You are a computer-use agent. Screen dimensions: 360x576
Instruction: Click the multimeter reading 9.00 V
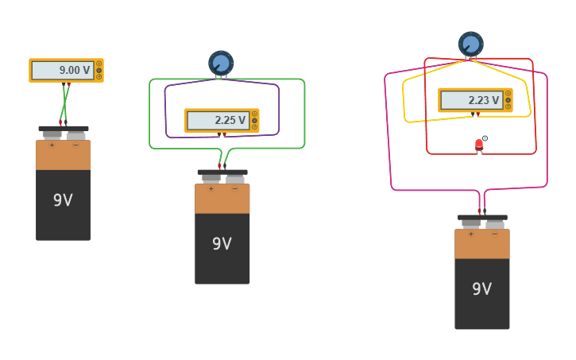[65, 70]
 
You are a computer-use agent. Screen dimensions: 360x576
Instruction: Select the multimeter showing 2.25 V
[221, 120]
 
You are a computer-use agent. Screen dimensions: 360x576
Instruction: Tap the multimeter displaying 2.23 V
[474, 100]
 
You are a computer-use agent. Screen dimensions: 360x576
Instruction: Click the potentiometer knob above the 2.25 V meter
[221, 63]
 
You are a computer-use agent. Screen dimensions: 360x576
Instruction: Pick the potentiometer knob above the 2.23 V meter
[470, 43]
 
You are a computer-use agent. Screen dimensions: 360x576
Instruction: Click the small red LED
[479, 145]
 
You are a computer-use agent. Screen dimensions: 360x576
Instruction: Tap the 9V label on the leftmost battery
[63, 200]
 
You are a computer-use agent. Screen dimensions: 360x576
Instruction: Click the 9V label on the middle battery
[222, 244]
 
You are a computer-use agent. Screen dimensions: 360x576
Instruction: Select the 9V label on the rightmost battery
[481, 289]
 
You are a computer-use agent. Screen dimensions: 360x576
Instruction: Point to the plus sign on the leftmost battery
[52, 145]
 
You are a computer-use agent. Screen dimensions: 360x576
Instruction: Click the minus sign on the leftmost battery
[75, 145]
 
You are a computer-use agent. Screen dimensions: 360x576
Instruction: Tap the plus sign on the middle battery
[211, 189]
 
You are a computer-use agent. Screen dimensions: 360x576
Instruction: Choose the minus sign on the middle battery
[234, 189]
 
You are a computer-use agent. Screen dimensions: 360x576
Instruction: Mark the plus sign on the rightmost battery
[470, 234]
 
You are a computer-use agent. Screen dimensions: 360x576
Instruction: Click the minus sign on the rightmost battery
[494, 234]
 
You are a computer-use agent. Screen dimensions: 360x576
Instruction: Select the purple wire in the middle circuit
[165, 111]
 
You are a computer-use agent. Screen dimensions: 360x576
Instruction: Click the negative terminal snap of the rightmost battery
[494, 223]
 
